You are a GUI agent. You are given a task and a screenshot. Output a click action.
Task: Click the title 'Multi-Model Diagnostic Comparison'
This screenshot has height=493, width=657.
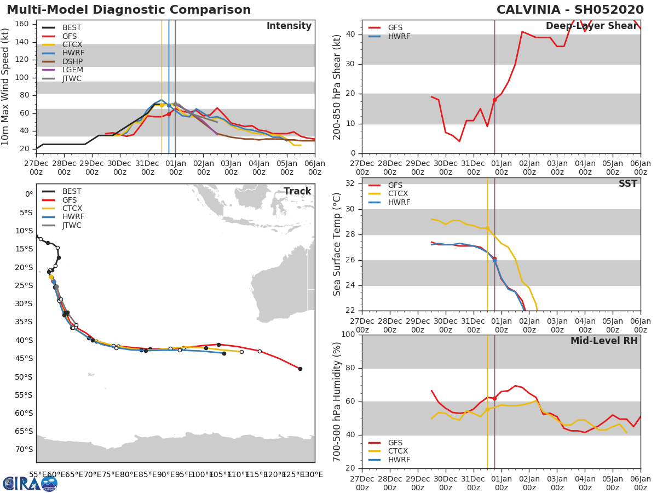point(129,10)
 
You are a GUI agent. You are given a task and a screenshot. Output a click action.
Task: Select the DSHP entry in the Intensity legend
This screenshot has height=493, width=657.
point(72,61)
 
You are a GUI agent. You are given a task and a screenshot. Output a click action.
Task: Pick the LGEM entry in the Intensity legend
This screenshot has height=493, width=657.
point(72,70)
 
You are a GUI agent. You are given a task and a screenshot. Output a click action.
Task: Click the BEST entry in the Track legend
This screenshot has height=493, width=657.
point(72,192)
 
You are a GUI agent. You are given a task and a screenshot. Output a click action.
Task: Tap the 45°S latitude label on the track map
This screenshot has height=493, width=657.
point(24,358)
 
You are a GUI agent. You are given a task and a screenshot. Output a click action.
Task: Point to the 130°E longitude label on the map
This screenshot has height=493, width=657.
point(313,475)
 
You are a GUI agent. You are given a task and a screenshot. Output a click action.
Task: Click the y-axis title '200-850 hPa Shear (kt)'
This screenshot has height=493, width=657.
point(338,87)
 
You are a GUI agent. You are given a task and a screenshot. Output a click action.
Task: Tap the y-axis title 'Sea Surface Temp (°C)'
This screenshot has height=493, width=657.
point(338,244)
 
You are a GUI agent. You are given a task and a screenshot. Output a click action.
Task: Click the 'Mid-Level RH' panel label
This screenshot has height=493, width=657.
point(604,341)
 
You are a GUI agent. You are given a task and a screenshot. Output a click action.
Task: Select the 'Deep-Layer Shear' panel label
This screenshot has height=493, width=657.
point(592,26)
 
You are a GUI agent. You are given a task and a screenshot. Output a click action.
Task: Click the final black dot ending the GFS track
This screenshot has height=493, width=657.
point(300,369)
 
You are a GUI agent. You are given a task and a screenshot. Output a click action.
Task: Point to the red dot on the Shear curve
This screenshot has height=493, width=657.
point(494,100)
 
